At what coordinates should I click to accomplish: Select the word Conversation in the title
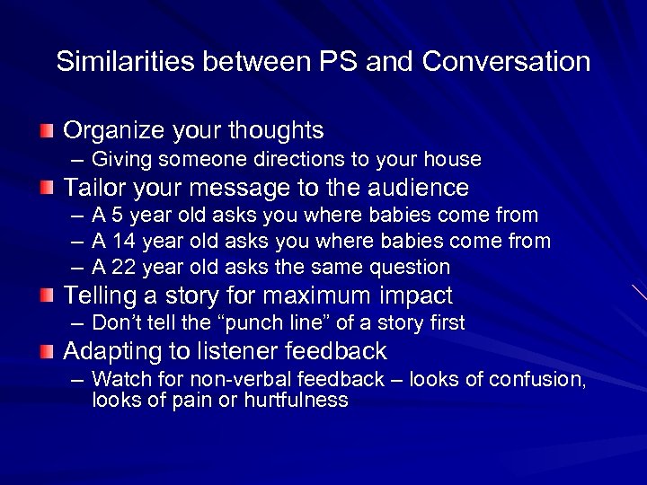click(x=506, y=62)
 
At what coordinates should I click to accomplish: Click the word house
click(x=455, y=160)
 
